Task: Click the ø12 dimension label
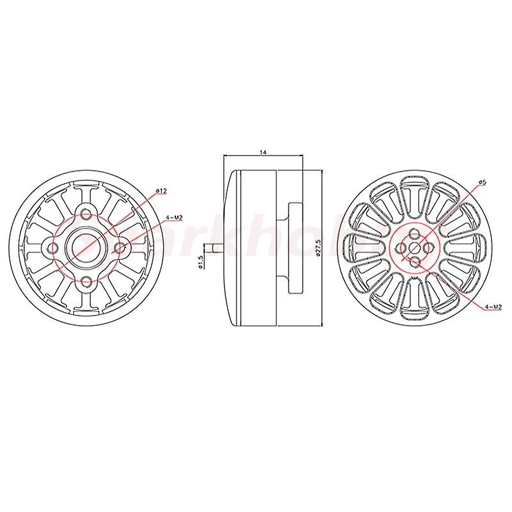click(161, 191)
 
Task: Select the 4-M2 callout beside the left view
click(175, 218)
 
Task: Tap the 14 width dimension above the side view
click(263, 152)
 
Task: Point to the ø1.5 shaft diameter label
click(200, 262)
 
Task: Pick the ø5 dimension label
click(483, 182)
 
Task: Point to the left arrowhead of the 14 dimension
click(224, 156)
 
